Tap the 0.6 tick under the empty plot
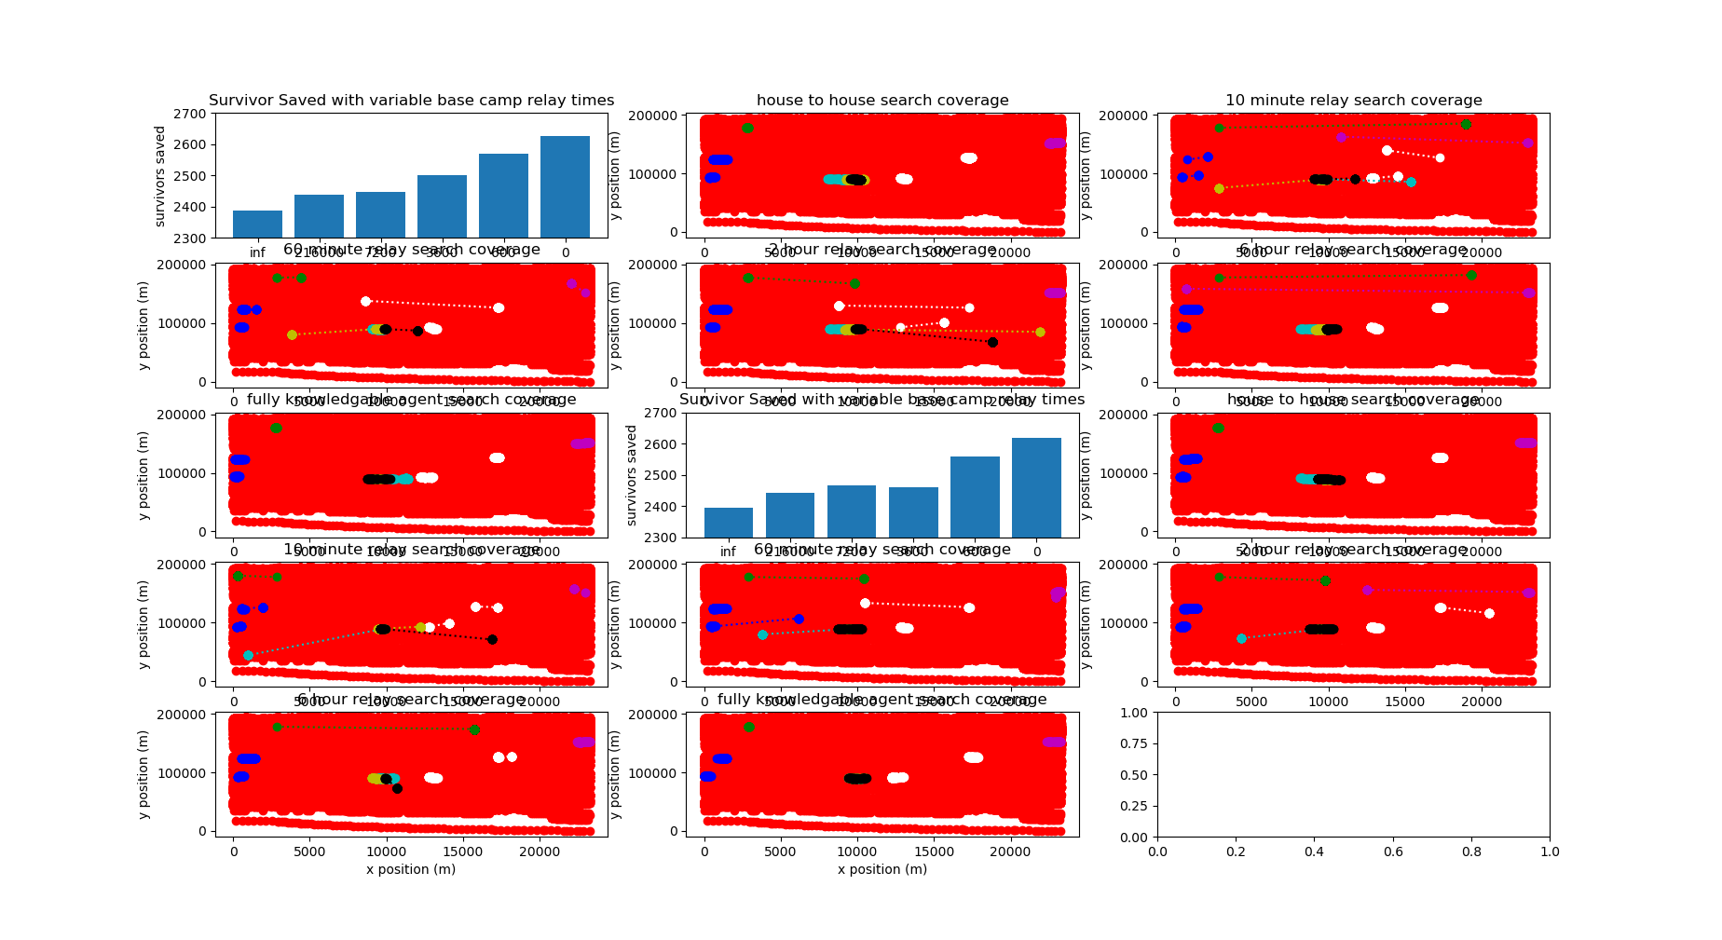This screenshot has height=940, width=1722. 1393,851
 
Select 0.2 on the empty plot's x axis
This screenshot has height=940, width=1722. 1236,851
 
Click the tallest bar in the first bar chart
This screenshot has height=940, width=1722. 565,186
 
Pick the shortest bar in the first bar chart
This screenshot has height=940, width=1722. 257,224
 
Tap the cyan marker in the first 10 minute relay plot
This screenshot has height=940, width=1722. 1411,183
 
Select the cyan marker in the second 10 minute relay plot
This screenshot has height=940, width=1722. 248,656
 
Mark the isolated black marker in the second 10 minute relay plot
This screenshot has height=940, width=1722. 492,639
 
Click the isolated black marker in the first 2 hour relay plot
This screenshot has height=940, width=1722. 992,343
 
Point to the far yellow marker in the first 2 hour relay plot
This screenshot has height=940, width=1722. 1040,333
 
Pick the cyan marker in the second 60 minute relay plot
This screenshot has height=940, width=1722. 762,634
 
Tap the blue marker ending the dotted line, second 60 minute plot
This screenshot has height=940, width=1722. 799,619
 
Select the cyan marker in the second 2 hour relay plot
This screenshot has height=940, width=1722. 1241,638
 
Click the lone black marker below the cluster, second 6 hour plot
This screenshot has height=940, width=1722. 397,789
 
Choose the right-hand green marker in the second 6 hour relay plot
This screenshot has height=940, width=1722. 474,730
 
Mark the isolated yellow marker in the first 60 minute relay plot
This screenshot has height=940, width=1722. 292,334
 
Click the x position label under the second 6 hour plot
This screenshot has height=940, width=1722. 411,870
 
